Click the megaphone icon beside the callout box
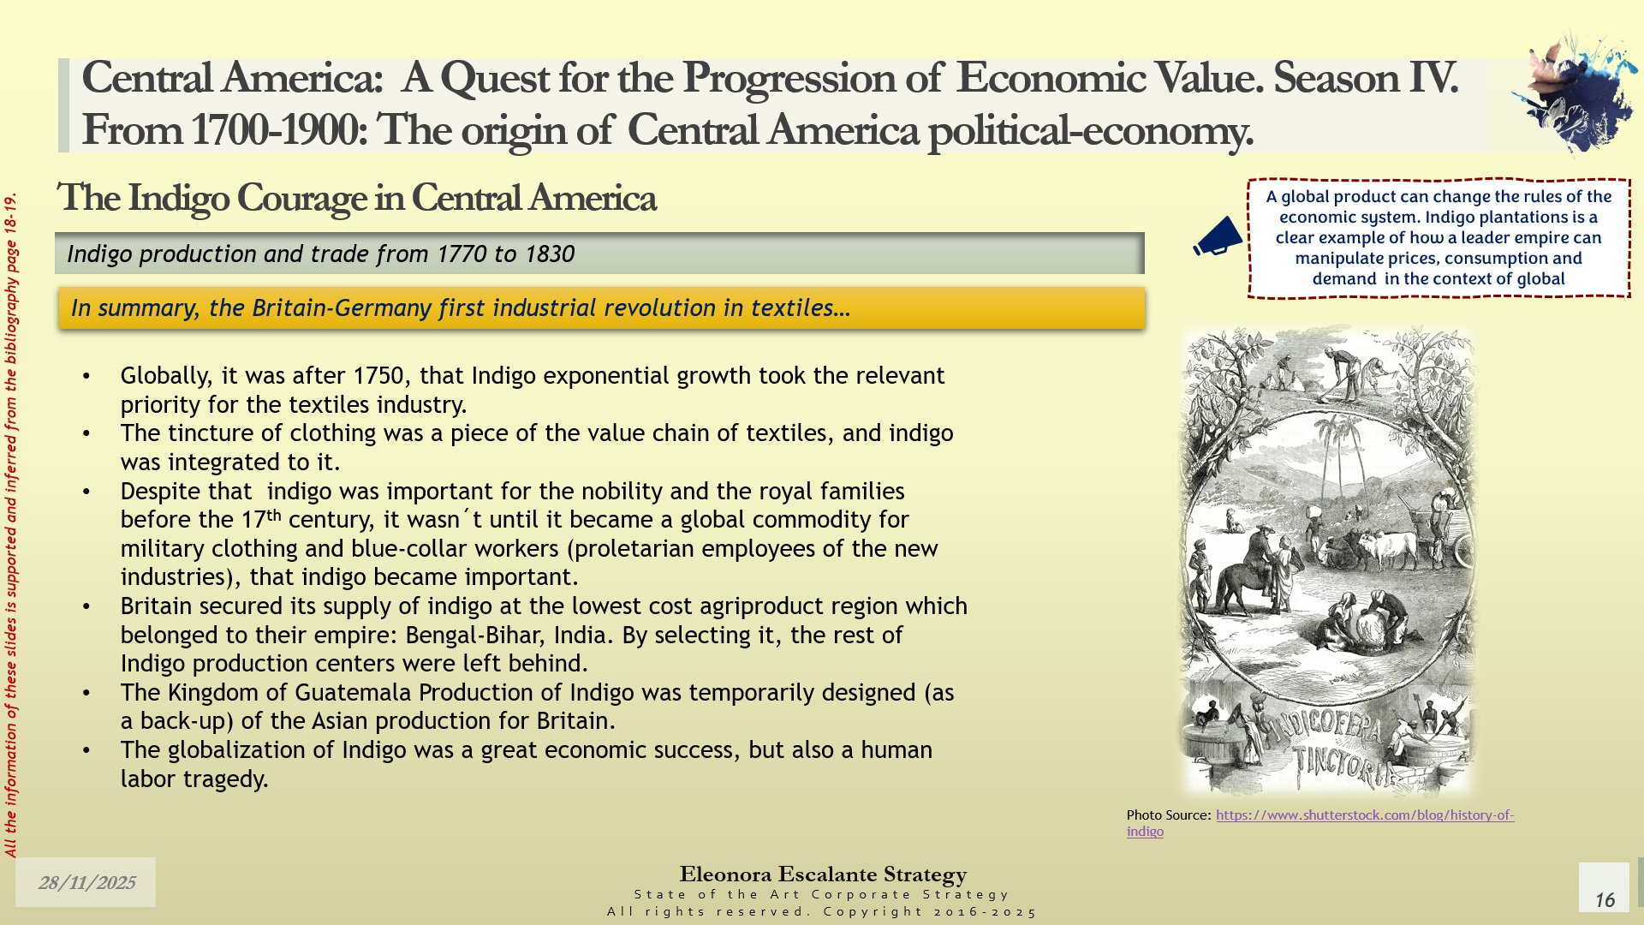pyautogui.click(x=1218, y=236)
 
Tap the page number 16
pyautogui.click(x=1605, y=899)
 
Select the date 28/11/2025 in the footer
pyautogui.click(x=86, y=883)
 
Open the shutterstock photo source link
pyautogui.click(x=1320, y=823)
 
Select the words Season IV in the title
pyautogui.click(x=1365, y=78)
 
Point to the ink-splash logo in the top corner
pyautogui.click(x=1575, y=92)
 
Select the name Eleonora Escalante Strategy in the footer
pyautogui.click(x=823, y=874)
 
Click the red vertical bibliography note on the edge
pyautogui.click(x=11, y=525)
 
